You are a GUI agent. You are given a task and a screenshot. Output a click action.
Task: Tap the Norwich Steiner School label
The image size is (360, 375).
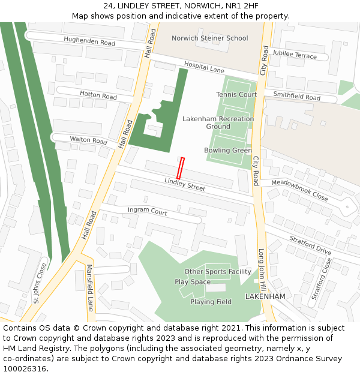pos(209,38)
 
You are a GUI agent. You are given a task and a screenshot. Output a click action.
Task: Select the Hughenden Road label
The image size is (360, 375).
pos(89,42)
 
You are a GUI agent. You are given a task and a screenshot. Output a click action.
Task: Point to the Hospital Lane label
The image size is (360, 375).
pos(204,67)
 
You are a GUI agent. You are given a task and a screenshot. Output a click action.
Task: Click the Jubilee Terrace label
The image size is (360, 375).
pos(294,56)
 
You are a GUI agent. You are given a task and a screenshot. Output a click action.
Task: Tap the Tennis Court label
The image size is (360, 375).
pos(236,95)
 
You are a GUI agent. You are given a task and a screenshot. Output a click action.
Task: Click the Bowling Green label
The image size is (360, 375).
pos(228,151)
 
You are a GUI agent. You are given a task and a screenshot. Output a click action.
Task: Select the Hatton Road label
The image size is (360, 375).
pos(98,95)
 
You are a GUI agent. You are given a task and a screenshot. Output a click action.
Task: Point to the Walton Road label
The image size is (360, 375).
pos(88,140)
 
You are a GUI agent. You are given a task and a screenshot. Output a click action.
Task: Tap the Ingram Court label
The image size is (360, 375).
pos(148,211)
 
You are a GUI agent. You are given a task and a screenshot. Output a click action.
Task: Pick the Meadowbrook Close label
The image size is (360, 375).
pos(299,190)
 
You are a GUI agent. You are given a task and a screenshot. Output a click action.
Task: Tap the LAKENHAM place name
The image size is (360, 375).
pos(265,296)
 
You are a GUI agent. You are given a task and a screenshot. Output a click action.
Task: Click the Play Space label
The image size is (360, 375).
pos(193,282)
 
